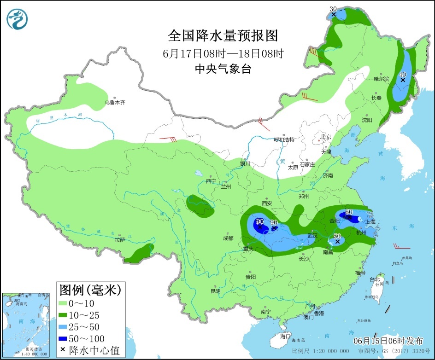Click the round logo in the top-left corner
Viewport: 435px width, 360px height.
[18, 18]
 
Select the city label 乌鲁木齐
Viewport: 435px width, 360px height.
[114, 103]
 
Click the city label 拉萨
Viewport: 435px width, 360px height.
[120, 240]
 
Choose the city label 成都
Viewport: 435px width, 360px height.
[228, 238]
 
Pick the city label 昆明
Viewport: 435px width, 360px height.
[215, 291]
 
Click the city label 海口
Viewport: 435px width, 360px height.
[285, 336]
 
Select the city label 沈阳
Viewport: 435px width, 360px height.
[366, 120]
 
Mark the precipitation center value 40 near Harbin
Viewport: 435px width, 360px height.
[402, 74]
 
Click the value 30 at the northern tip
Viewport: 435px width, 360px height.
[334, 9]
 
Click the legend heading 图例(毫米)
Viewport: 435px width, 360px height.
[90, 290]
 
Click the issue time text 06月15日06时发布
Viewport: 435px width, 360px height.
[388, 341]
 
